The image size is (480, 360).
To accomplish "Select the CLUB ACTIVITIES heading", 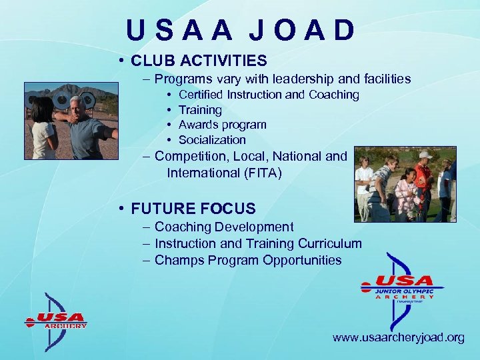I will (199, 61).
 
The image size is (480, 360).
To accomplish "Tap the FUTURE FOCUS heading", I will (193, 209).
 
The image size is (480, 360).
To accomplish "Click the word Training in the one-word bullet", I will (200, 110).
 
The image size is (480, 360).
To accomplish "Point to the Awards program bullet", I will (222, 125).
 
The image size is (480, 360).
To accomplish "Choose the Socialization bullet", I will (212, 140).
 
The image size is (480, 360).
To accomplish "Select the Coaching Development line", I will (224, 227).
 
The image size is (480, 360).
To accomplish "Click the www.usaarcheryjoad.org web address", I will (398, 337).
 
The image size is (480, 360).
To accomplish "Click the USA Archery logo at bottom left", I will (56, 321).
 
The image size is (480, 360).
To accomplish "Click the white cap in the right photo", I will (423, 155).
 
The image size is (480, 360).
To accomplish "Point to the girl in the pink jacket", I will (405, 194).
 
